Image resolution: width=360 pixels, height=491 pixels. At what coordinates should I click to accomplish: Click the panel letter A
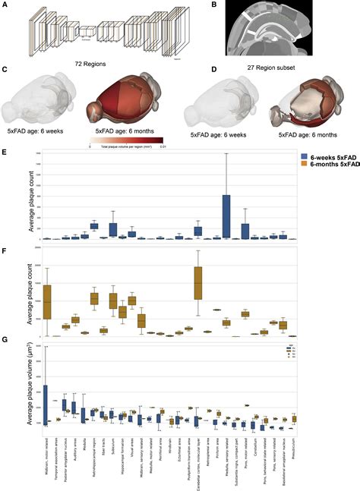pyautogui.click(x=5, y=5)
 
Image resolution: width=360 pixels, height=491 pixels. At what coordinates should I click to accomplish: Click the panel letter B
pyautogui.click(x=216, y=5)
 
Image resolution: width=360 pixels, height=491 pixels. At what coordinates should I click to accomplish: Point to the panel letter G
pyautogui.click(x=5, y=344)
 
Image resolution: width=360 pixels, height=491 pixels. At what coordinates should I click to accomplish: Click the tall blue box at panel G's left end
pyautogui.click(x=45, y=403)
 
